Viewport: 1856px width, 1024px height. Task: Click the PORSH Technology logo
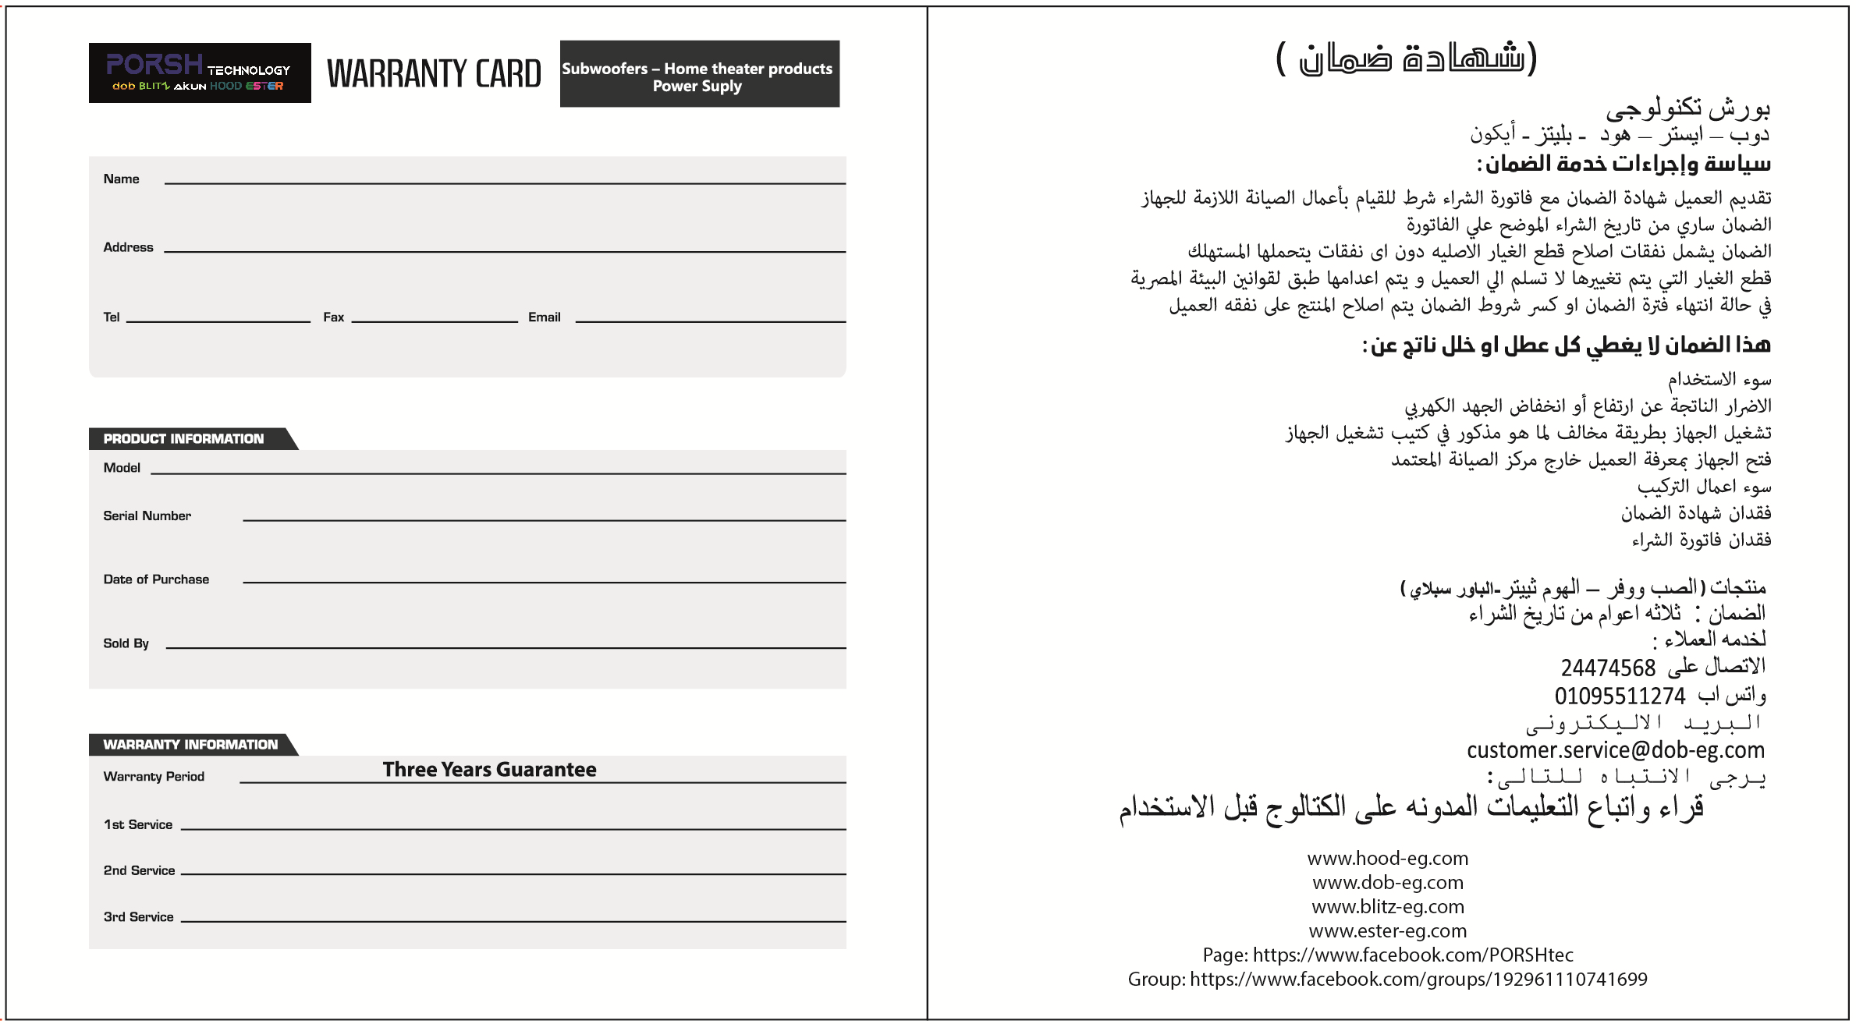[x=200, y=73]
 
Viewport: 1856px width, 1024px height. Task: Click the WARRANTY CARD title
[x=434, y=74]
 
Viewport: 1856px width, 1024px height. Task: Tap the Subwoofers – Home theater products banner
[x=699, y=75]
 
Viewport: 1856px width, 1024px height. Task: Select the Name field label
[x=121, y=179]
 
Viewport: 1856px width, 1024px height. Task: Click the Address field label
[x=128, y=247]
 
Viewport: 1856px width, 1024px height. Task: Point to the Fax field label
[x=333, y=317]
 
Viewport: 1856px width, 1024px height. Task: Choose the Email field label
[x=544, y=317]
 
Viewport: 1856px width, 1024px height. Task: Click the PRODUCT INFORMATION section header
[x=184, y=439]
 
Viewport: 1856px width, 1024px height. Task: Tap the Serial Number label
[x=147, y=516]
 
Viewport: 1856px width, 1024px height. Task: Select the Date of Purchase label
[x=156, y=579]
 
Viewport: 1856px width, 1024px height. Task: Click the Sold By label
[x=126, y=643]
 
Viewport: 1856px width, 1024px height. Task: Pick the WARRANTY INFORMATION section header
[x=190, y=745]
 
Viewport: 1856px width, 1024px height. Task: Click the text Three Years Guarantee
[x=489, y=770]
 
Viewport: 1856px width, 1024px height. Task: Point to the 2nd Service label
[x=139, y=870]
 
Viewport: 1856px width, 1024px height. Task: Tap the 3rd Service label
[x=138, y=917]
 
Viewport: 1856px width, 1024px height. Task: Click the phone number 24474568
[x=1607, y=668]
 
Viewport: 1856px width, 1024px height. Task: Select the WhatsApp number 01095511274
[x=1620, y=696]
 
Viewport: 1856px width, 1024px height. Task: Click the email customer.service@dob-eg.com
[x=1615, y=750]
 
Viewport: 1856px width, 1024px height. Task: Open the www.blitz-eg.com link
[x=1388, y=907]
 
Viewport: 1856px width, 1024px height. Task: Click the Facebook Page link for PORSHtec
[x=1388, y=955]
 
